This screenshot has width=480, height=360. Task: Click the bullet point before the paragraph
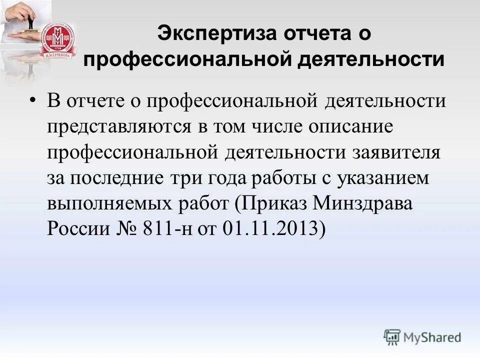32,100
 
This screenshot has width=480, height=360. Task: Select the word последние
118,178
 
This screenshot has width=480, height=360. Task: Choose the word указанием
379,178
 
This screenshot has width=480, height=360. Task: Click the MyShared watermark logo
422,337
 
